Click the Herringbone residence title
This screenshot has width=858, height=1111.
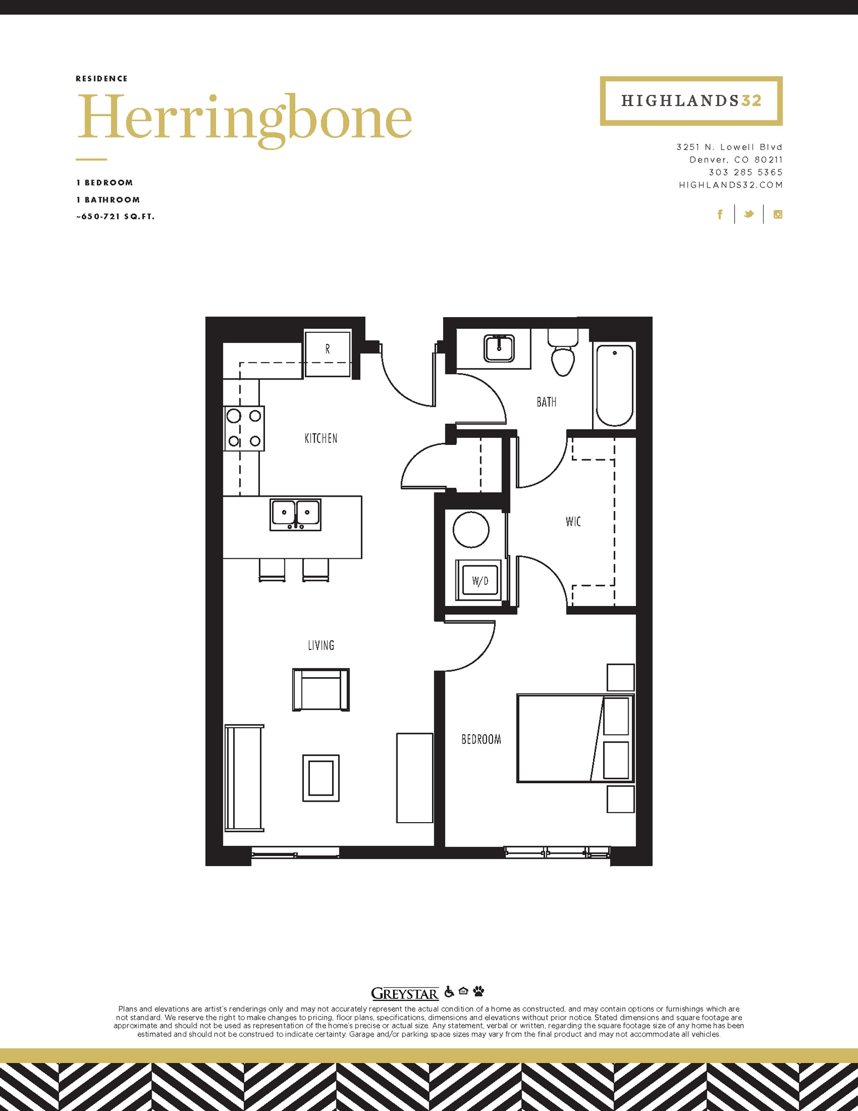(244, 118)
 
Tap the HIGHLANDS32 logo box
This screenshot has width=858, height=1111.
(691, 101)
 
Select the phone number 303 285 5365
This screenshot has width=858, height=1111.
(746, 172)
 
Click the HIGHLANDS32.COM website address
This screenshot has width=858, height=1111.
(731, 185)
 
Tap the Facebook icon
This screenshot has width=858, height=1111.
(720, 214)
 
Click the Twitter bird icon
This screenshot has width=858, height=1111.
(749, 214)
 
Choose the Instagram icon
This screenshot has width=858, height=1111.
(778, 214)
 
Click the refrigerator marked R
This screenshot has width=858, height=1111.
(328, 353)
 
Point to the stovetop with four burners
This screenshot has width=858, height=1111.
(244, 428)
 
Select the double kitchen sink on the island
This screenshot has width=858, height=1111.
(295, 514)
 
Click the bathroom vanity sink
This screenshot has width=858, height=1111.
(499, 348)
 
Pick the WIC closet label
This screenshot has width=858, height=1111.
(573, 522)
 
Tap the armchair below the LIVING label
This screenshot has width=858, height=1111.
(321, 689)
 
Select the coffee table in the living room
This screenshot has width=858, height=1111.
(321, 778)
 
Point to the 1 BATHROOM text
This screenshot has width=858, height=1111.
(108, 200)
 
